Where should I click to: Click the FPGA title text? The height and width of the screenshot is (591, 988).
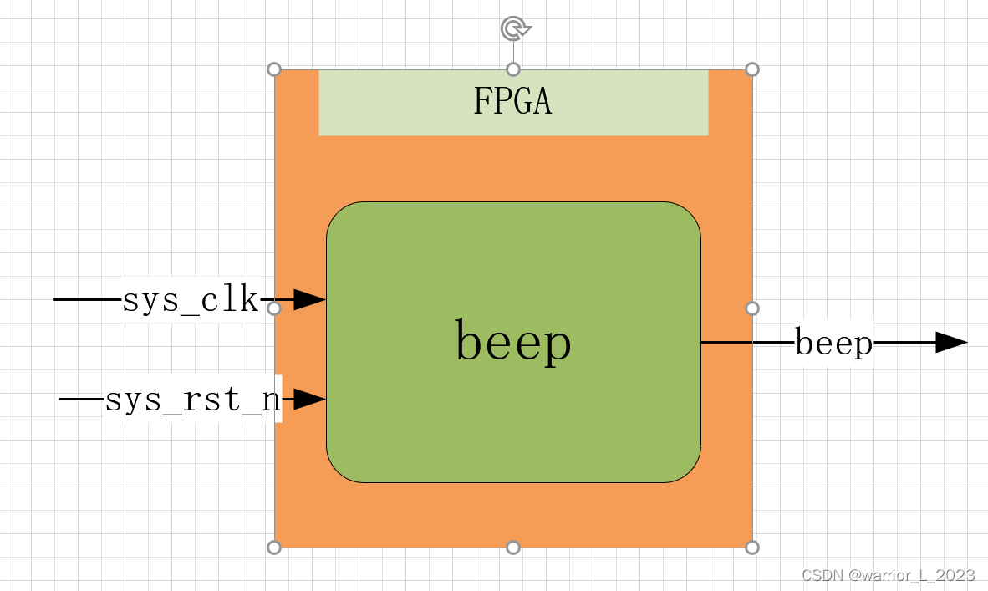click(512, 102)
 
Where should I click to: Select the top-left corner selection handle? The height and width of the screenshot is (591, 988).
click(274, 69)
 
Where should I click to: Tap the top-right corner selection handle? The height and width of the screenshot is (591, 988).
click(752, 69)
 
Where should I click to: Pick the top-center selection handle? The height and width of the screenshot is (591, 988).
click(513, 69)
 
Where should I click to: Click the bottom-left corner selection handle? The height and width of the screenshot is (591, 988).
click(274, 548)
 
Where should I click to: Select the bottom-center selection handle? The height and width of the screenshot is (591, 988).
click(513, 548)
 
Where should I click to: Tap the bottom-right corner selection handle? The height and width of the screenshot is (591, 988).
click(752, 548)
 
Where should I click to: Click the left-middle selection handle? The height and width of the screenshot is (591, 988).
click(274, 308)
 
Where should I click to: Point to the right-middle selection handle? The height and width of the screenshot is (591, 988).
click(752, 308)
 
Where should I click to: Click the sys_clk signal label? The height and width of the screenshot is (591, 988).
click(191, 300)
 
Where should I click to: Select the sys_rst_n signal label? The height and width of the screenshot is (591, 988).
click(192, 400)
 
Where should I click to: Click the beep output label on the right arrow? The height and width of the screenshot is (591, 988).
click(833, 343)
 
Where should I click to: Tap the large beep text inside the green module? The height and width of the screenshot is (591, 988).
click(513, 343)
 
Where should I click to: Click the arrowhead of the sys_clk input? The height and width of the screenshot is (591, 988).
click(310, 299)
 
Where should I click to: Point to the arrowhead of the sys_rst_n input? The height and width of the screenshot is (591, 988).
click(310, 400)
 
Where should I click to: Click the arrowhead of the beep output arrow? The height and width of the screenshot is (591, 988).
click(951, 342)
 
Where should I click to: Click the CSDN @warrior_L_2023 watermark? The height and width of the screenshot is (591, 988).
click(888, 575)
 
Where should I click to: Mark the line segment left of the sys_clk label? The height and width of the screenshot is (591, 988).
click(88, 299)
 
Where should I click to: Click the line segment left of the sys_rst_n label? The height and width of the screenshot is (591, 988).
click(81, 400)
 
